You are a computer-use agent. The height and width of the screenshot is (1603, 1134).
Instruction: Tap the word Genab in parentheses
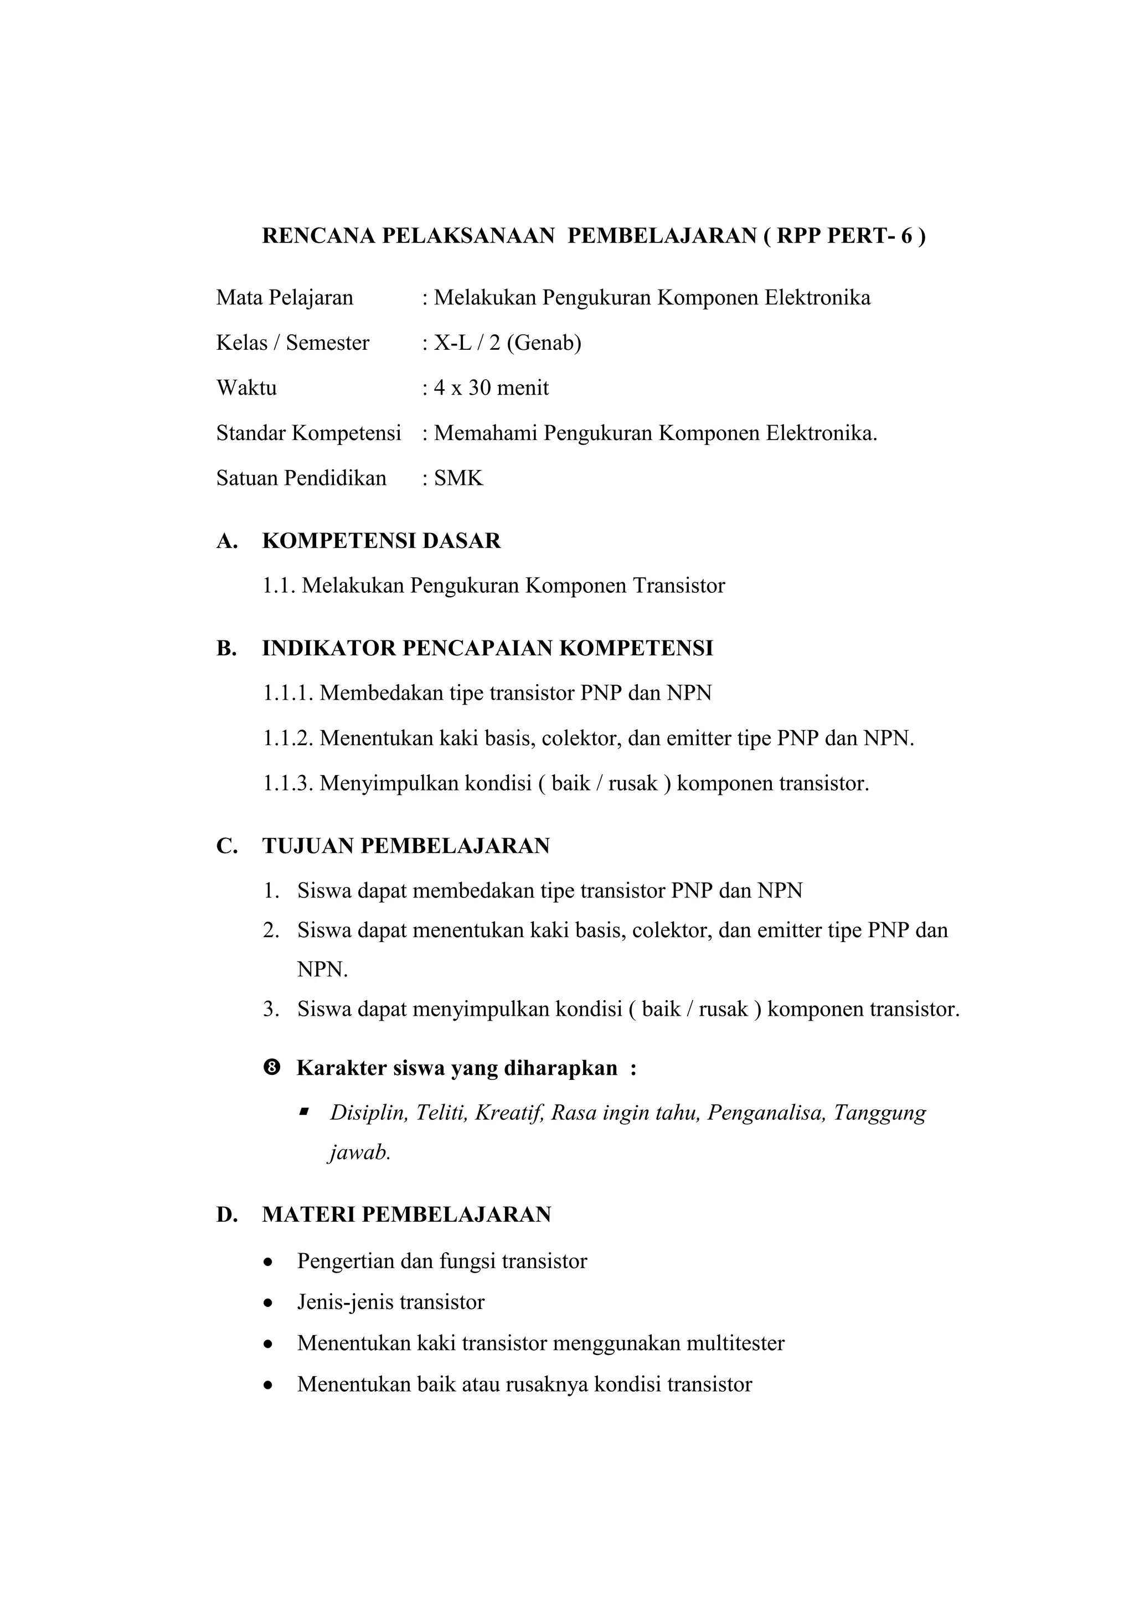tap(543, 343)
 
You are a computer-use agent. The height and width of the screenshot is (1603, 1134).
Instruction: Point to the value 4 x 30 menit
tap(491, 387)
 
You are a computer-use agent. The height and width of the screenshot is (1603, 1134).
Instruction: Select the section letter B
tap(225, 648)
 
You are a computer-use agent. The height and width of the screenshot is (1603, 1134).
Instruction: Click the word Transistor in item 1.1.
tap(679, 585)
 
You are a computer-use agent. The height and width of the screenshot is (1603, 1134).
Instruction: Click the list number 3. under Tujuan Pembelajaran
tap(271, 1009)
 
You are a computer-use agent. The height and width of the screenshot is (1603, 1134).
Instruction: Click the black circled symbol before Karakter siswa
tap(272, 1068)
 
